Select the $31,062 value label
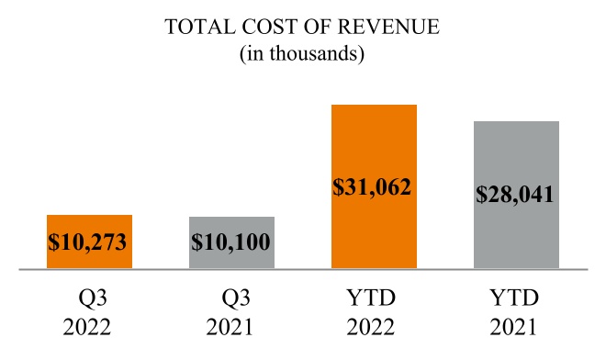[374, 188]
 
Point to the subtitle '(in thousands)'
[303, 54]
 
